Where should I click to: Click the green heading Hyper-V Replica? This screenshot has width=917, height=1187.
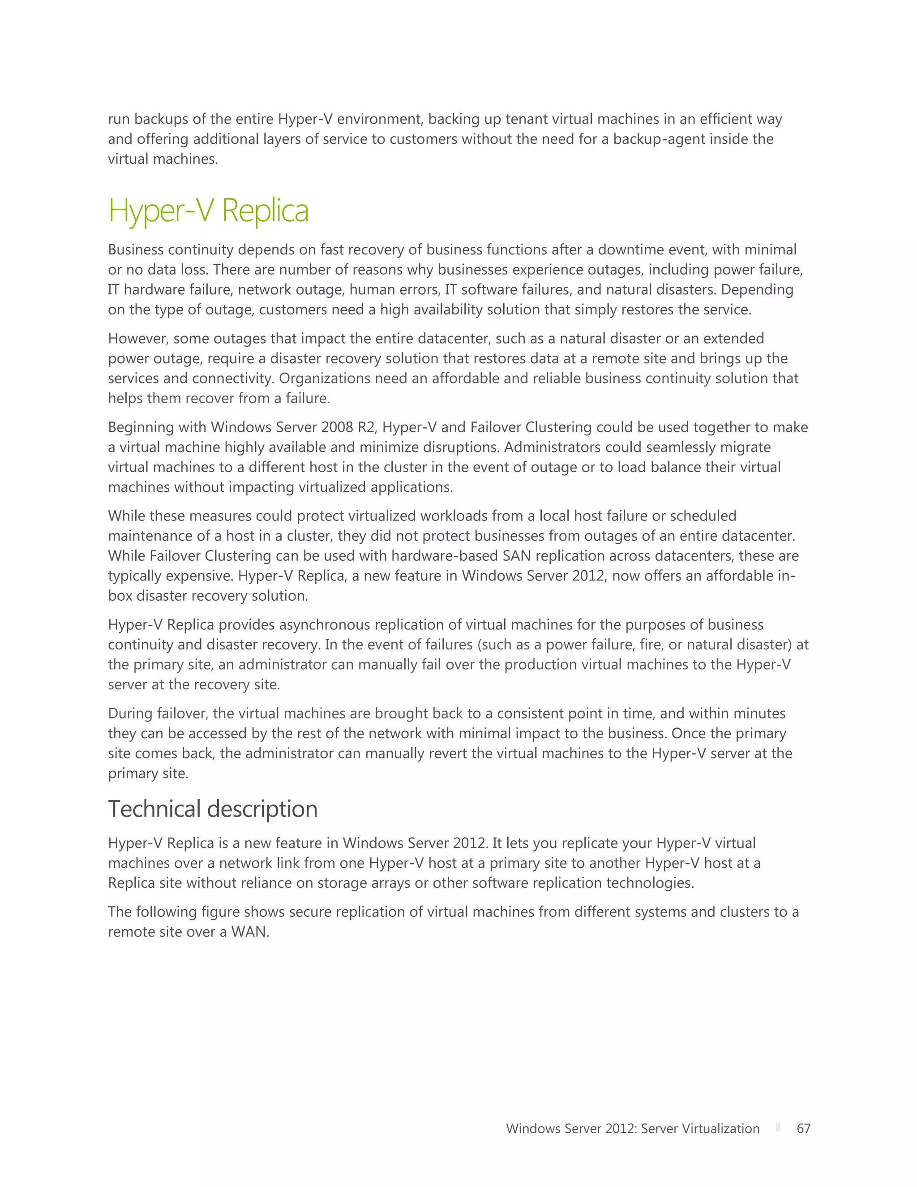(209, 211)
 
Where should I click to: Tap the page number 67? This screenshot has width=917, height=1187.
(803, 1128)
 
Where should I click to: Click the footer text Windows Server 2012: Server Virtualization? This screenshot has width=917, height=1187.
(632, 1128)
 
